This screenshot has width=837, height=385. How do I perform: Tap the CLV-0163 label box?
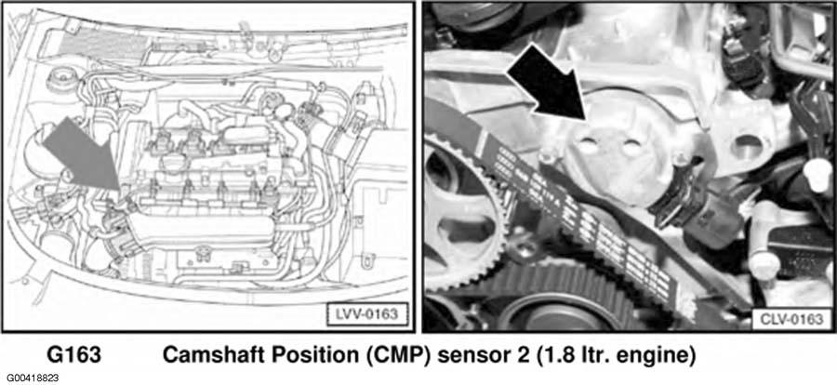point(791,319)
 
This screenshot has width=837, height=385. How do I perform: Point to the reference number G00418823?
point(30,378)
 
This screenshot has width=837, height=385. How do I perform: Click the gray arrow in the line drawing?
point(86,154)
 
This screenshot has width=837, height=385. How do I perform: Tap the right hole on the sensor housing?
point(631,148)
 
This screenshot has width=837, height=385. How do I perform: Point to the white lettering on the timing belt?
point(579,214)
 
